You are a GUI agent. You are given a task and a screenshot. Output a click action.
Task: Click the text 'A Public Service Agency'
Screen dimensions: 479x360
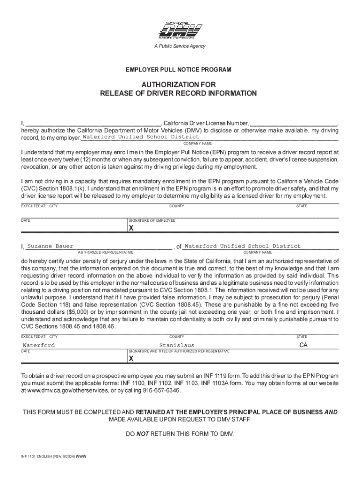180,46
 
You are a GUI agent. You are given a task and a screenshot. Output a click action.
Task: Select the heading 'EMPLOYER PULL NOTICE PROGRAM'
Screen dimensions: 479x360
178,70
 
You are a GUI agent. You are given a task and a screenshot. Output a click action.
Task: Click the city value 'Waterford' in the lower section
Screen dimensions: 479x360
39,345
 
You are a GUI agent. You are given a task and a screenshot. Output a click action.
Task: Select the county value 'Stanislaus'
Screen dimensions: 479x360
176,345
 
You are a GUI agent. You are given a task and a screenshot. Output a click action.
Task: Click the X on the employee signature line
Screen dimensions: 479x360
131,228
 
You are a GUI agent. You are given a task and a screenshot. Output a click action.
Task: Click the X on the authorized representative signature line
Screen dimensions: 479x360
131,359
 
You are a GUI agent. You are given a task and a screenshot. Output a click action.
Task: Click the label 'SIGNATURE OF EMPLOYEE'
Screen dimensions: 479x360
151,220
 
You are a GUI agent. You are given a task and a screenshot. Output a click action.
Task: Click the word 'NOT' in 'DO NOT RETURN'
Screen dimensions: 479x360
143,434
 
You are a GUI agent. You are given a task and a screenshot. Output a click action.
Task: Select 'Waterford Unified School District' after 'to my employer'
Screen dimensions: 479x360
141,137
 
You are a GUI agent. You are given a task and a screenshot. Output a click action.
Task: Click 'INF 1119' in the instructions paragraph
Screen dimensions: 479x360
217,376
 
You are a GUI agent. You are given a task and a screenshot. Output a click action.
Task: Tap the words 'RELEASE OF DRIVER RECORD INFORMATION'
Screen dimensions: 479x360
178,94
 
